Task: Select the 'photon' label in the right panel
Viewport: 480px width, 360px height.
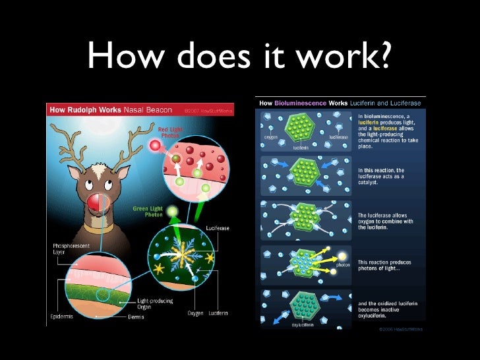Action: (x=343, y=265)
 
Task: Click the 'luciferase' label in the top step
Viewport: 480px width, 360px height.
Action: (x=339, y=137)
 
